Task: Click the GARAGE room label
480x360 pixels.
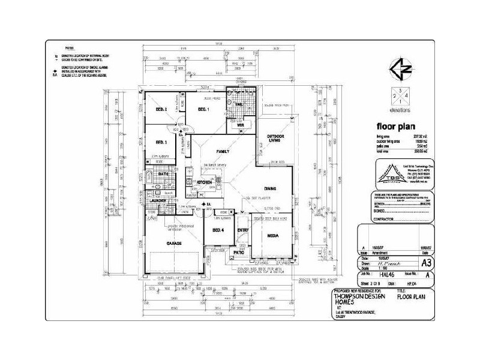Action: (x=174, y=244)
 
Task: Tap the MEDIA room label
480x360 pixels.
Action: (x=272, y=236)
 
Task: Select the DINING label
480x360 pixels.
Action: (x=270, y=188)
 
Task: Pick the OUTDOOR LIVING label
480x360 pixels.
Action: (x=274, y=139)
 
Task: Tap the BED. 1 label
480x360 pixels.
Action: (x=203, y=110)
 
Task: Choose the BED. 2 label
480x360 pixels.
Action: (x=161, y=110)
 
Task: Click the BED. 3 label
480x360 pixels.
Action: (x=161, y=142)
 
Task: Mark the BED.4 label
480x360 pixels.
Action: (x=218, y=230)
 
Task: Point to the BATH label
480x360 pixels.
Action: (x=163, y=173)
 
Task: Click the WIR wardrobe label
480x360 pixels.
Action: (x=240, y=125)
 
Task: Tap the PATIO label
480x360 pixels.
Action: (x=239, y=253)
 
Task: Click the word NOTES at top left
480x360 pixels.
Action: (x=70, y=47)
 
